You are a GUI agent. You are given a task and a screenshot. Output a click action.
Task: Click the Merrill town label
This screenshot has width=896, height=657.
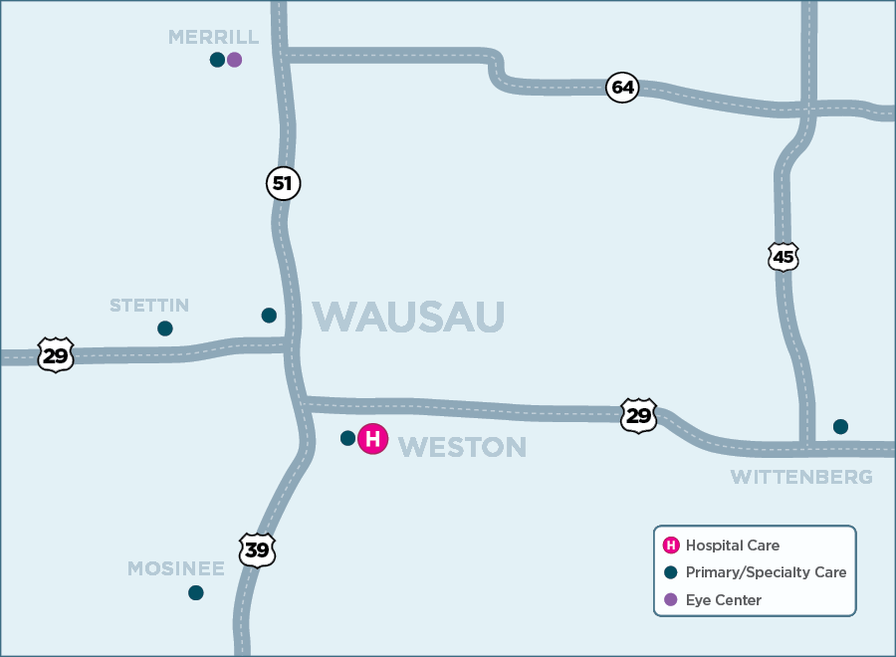tap(213, 37)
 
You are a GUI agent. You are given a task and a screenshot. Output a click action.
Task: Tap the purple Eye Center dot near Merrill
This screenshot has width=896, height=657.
tap(235, 60)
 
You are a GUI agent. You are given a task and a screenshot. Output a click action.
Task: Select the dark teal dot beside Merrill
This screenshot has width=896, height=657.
tap(217, 60)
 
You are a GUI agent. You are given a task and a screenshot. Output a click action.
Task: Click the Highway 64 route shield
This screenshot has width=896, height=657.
tap(622, 88)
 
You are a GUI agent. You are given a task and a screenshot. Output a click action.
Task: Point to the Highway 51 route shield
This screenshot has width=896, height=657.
tap(284, 183)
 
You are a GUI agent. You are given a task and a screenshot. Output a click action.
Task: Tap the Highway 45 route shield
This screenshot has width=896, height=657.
tap(784, 257)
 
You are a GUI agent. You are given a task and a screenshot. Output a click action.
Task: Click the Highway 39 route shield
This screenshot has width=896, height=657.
tap(257, 550)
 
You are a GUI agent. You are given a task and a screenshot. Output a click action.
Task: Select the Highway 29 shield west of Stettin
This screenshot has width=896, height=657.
tap(56, 354)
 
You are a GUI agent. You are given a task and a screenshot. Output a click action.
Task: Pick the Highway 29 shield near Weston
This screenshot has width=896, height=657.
tap(638, 415)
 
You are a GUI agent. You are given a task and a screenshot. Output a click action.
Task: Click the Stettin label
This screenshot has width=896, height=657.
tap(149, 305)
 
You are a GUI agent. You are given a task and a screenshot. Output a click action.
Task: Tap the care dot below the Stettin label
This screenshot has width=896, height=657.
tap(165, 328)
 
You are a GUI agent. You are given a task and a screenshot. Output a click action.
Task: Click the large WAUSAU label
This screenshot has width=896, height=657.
tap(408, 317)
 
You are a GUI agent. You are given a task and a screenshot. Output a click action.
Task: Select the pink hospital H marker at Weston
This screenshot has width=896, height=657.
tap(372, 439)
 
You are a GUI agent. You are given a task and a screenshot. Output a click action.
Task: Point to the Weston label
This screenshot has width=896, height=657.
tap(462, 447)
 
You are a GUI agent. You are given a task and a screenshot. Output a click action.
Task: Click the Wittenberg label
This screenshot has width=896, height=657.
tap(801, 477)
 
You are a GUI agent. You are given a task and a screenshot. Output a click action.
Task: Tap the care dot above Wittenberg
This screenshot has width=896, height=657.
tap(840, 427)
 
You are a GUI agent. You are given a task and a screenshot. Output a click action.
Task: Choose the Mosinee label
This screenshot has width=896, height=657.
tap(176, 568)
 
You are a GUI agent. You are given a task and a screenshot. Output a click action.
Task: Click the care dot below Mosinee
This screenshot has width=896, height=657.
tap(196, 592)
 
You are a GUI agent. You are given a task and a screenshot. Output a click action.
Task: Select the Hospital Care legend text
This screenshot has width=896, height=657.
tap(732, 546)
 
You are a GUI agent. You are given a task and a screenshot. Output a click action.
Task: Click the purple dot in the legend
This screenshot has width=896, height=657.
tap(671, 600)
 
